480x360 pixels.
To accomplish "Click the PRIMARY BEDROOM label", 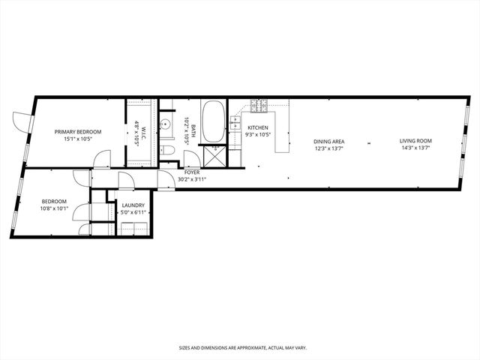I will (x=77, y=131).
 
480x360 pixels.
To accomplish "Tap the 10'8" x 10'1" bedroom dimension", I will (x=54, y=208).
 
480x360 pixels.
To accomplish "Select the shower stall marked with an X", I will (x=214, y=155).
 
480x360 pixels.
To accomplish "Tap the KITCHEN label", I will (x=258, y=127).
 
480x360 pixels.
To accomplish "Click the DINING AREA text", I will (x=328, y=141).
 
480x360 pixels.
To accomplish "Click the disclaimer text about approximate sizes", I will (x=241, y=348).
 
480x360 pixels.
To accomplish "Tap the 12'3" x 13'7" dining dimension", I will (x=328, y=148).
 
